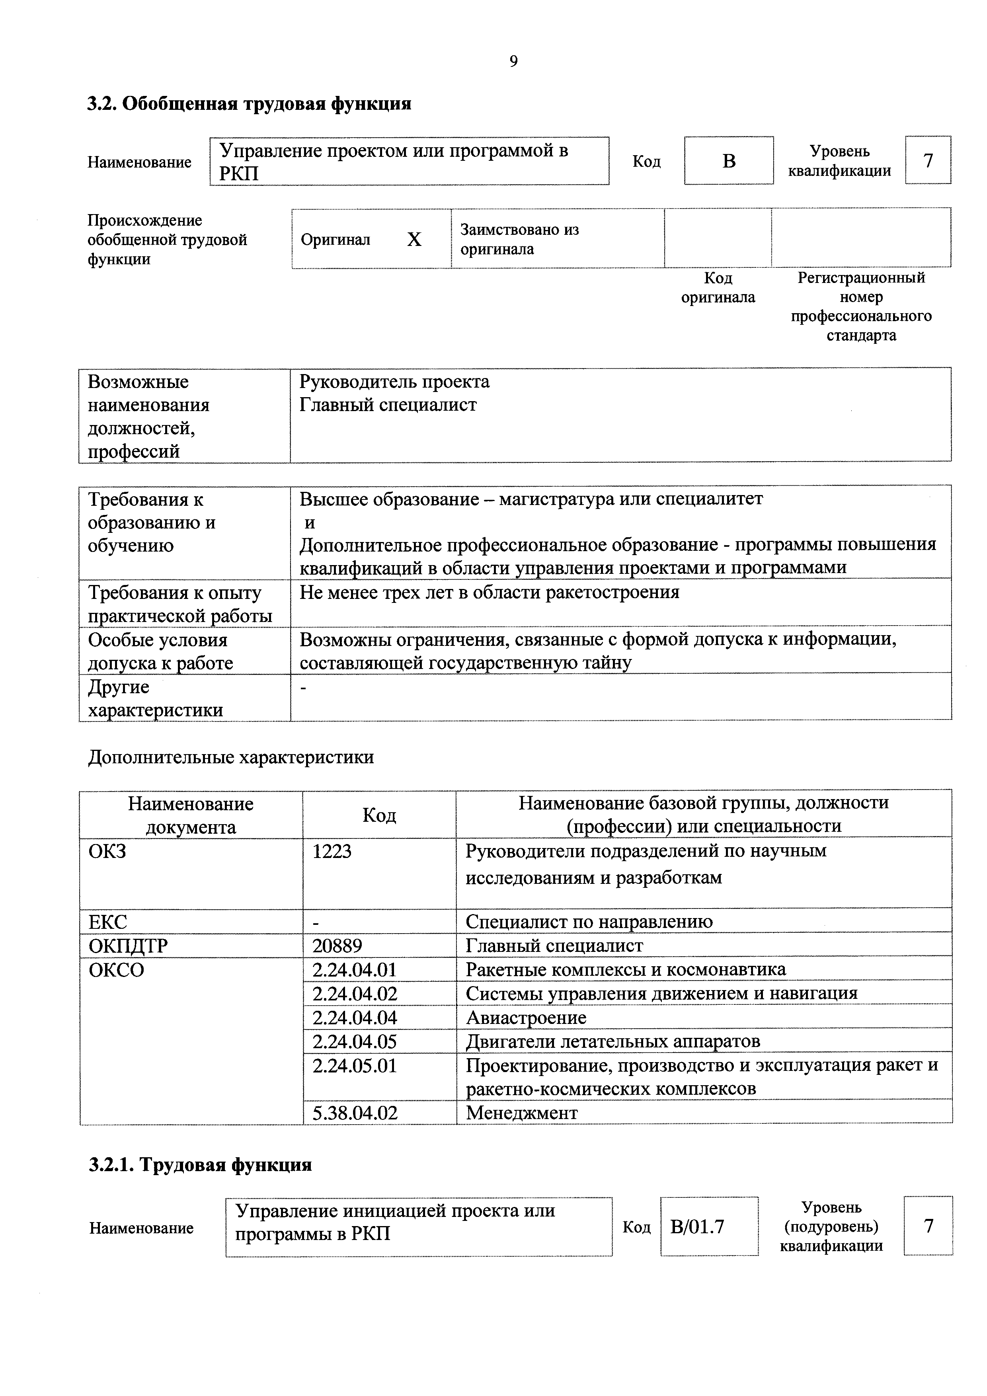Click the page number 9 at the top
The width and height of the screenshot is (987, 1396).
[x=513, y=61]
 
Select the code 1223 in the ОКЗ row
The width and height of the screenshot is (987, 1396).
[x=332, y=850]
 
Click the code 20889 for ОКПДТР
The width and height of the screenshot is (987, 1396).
[x=337, y=946]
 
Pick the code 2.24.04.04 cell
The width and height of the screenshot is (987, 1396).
[x=355, y=1017]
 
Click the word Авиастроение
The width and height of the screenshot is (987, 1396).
[x=526, y=1017]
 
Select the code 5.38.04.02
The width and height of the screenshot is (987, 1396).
[x=355, y=1113]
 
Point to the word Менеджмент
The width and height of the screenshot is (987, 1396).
[x=522, y=1113]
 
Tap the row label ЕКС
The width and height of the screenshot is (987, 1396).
[x=107, y=922]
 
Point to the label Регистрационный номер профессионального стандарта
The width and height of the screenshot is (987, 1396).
[x=861, y=306]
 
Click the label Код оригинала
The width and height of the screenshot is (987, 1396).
[x=718, y=288]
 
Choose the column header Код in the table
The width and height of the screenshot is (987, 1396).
[x=379, y=815]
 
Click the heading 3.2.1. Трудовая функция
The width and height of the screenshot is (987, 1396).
[x=200, y=1164]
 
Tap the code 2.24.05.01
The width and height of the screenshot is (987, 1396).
[x=355, y=1065]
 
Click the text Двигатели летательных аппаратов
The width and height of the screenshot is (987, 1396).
[x=612, y=1041]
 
